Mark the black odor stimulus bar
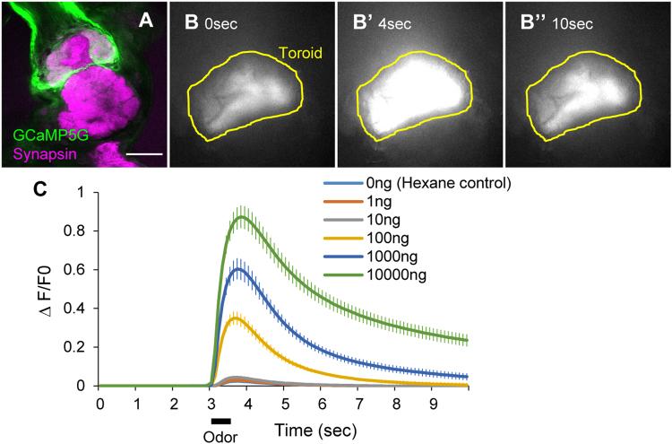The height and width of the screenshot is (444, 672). (220, 420)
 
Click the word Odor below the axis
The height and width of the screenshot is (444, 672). (220, 434)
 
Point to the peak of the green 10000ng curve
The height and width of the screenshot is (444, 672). (241, 217)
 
